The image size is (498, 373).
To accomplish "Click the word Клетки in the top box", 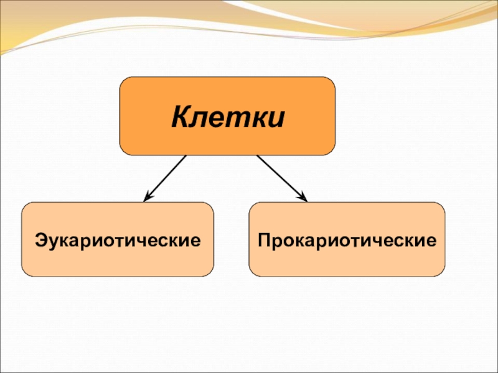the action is [228, 116].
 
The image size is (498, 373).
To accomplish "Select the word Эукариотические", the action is [118, 239].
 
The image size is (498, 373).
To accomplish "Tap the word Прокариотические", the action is [347, 239].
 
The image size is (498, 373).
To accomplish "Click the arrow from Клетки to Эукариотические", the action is [165, 178].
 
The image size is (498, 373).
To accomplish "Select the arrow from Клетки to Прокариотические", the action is [282, 178].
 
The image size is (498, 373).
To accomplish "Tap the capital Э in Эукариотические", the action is [40, 239].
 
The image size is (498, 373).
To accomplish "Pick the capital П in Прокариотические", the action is [265, 239].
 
